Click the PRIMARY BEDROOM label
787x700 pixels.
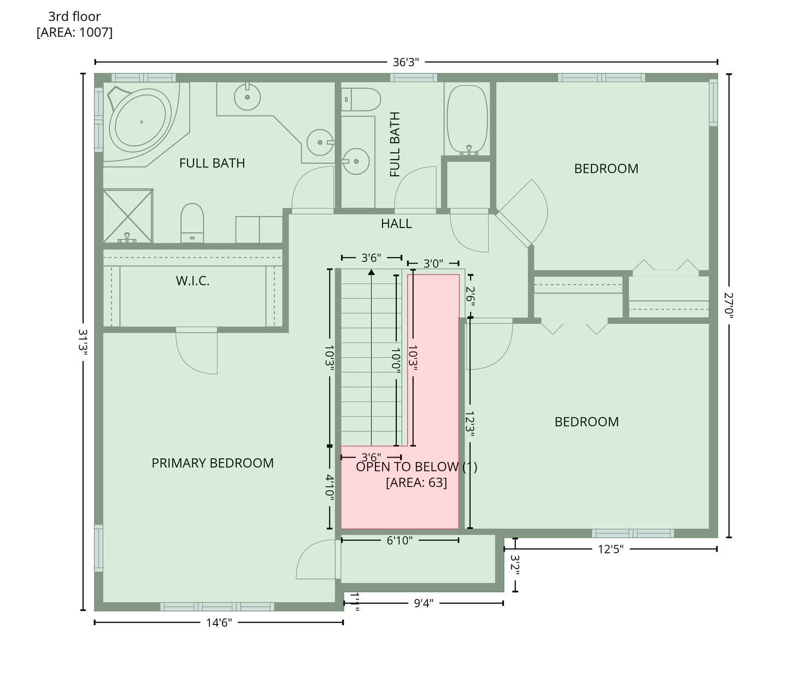coord(213,463)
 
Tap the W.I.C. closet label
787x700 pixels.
coord(193,281)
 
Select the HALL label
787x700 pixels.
coord(396,224)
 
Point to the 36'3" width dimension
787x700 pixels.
coord(406,62)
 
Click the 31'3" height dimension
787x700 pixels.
coord(83,342)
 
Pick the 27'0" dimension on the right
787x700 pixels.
coord(729,306)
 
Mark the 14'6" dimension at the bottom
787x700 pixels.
coord(219,623)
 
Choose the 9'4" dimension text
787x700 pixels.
coord(424,603)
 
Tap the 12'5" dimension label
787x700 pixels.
coord(610,549)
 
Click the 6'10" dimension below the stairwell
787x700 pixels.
coord(400,541)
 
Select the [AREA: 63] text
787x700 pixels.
coord(416,482)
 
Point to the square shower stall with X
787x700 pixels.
coord(128,215)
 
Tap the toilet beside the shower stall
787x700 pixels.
coord(192,223)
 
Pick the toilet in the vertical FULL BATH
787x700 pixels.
coord(361,100)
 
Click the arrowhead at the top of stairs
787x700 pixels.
coord(371,272)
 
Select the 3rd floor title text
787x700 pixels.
coord(74,16)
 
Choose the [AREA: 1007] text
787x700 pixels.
coord(74,32)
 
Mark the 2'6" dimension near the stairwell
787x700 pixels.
coord(470,296)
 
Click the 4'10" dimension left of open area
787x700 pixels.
coord(330,487)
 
